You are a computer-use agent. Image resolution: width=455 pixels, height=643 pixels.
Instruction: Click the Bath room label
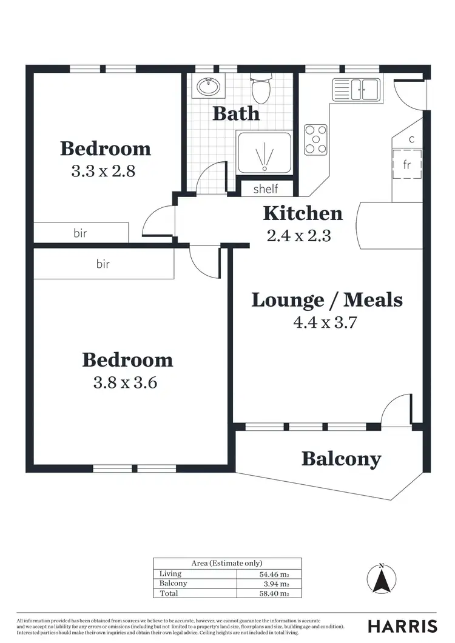coord(236,113)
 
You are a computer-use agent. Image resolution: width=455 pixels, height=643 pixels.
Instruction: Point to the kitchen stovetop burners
coord(315,139)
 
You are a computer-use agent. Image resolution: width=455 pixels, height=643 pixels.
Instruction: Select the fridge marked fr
coord(407,164)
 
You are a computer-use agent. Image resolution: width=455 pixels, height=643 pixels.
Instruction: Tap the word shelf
coord(265,188)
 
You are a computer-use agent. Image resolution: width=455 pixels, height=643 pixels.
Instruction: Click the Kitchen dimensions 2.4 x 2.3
coord(298,236)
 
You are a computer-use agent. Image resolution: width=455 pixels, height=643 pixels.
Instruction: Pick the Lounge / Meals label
coord(327,299)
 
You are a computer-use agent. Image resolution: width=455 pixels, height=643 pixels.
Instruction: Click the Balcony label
coord(342,459)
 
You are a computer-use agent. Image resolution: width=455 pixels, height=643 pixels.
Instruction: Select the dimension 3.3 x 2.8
coord(103,171)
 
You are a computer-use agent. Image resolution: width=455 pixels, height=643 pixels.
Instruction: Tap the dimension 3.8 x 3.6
coord(127,383)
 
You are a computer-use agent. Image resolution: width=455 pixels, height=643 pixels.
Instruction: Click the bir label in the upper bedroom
coord(81,233)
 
